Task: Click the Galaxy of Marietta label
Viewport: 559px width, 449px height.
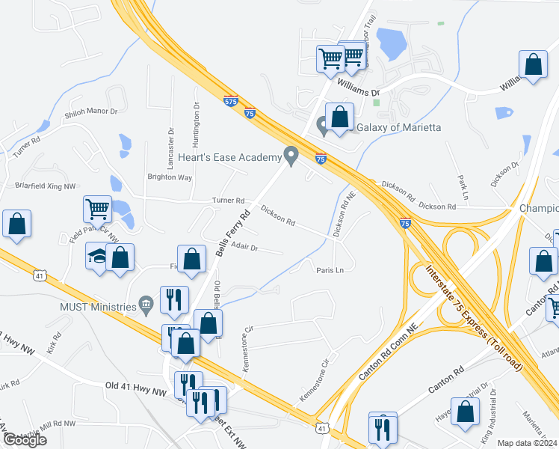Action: (x=398, y=127)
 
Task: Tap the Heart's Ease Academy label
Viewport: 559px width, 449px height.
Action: (x=229, y=157)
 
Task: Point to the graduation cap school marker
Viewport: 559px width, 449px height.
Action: (x=97, y=256)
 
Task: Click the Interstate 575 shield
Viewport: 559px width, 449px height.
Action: (x=231, y=100)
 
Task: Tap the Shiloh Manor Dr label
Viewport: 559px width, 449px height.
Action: (x=94, y=112)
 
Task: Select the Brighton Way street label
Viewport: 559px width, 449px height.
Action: (x=170, y=177)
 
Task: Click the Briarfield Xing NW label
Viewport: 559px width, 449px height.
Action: (x=46, y=186)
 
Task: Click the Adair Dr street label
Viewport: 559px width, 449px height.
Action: (x=244, y=247)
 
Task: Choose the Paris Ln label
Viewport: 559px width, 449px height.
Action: (x=330, y=270)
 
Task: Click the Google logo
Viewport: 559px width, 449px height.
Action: (x=25, y=440)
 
